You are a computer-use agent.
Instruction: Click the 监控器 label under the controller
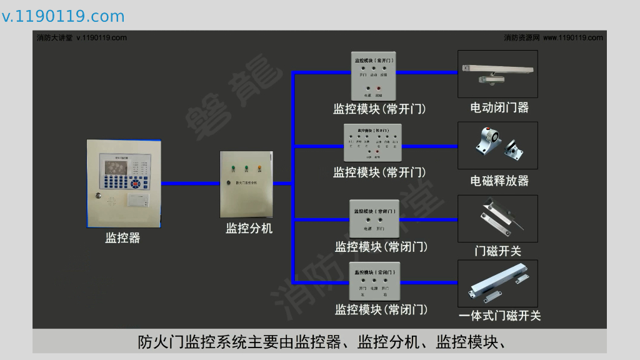pos(122,238)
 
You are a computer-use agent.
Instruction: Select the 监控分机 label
pos(249,228)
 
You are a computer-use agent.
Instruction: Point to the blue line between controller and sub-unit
pos(190,183)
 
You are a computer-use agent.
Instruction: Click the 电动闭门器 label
pos(499,107)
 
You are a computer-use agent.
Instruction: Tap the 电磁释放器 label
pos(499,181)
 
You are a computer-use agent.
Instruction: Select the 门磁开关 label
pos(497,251)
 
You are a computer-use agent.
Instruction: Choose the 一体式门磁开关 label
pos(499,316)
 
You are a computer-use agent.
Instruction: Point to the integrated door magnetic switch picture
pos(497,283)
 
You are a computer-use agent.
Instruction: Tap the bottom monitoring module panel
pos(374,282)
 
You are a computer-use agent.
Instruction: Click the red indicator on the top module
pos(379,88)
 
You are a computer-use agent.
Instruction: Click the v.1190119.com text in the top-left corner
pos(63,16)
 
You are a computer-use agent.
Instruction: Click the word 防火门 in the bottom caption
pos(157,342)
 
